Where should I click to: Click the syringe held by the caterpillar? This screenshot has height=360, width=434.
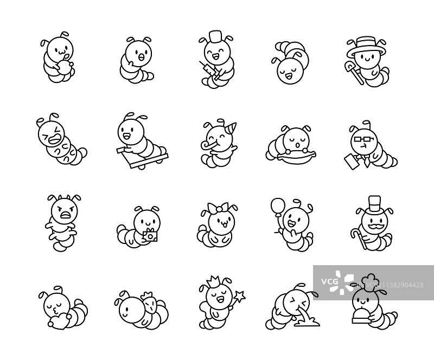210,69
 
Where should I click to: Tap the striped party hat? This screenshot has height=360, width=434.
231,128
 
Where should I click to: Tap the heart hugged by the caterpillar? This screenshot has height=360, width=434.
56,321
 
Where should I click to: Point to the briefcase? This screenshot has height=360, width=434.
351,163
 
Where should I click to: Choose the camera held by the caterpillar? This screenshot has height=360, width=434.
150,235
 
